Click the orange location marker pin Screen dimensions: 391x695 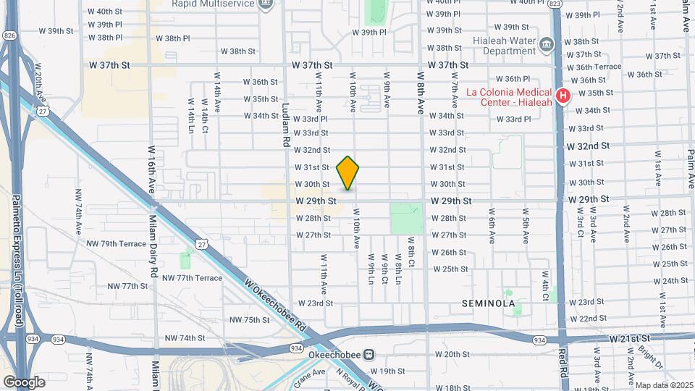348,172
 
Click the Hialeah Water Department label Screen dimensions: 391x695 502,46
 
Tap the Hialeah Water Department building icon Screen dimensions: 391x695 547,46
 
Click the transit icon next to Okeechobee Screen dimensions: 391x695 369,355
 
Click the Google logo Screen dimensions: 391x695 24,382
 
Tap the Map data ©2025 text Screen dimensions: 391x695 662,385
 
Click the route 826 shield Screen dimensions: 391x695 9,35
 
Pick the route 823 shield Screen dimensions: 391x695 555,4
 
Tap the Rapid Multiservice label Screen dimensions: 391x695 214,4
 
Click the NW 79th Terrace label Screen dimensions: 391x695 117,244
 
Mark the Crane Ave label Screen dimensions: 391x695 309,374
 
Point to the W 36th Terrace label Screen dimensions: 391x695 594,67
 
